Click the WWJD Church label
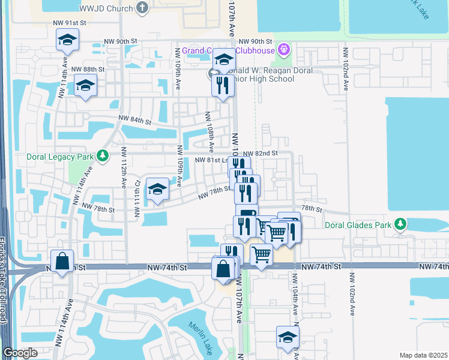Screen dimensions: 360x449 [x=108, y=8]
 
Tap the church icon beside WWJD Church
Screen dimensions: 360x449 [x=142, y=8]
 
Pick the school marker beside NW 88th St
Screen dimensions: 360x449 [x=86, y=86]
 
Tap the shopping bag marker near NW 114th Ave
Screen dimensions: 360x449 [x=62, y=262]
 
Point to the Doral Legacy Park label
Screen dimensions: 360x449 [x=60, y=157]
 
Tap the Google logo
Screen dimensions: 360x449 [x=20, y=353]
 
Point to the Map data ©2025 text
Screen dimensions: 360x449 [x=423, y=355]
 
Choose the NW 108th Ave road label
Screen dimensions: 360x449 [x=210, y=132]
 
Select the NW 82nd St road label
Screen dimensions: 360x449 [x=260, y=154]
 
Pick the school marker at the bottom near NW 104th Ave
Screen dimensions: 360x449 [x=288, y=338]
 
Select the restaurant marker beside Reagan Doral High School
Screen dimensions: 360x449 [x=223, y=85]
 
